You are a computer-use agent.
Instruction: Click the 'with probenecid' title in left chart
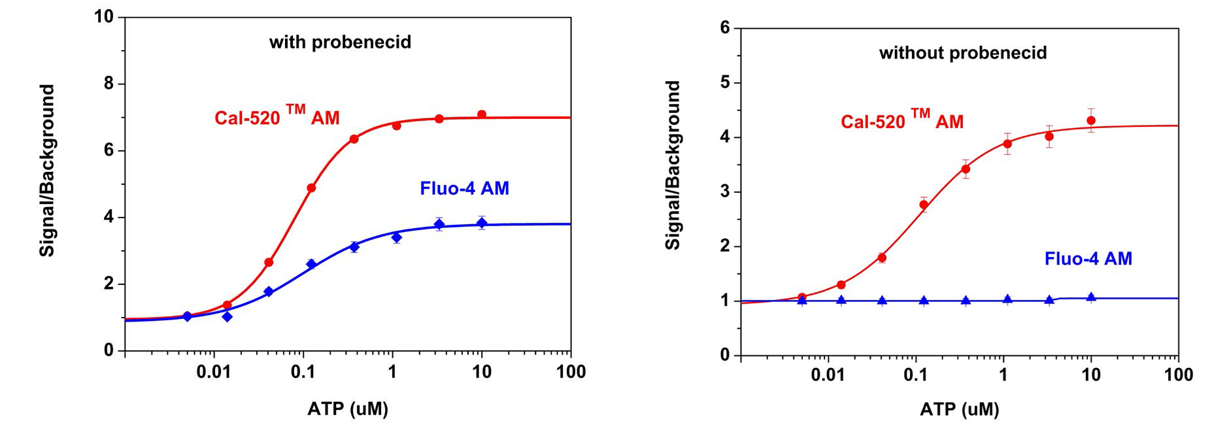(x=340, y=42)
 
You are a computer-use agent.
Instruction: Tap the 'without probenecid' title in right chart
(x=962, y=53)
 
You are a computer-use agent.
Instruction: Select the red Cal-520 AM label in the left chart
(x=277, y=116)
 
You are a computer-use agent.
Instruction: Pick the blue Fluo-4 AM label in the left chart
(x=464, y=189)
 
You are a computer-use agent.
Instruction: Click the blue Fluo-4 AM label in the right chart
(x=1088, y=259)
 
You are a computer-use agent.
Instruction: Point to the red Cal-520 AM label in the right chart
(x=902, y=120)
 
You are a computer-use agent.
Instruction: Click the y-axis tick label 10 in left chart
(x=104, y=16)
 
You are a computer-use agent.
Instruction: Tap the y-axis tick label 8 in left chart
(x=109, y=84)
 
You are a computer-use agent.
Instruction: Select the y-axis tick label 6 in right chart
(x=724, y=28)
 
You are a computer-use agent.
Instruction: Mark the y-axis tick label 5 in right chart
(x=724, y=83)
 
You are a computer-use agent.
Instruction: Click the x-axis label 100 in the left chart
(x=570, y=373)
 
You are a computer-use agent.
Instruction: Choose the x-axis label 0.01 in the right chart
(x=828, y=375)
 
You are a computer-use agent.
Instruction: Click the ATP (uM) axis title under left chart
(x=348, y=409)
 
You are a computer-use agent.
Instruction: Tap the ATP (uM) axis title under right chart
(x=960, y=410)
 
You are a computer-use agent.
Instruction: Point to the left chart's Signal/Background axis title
(x=47, y=171)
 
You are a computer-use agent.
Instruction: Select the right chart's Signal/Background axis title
(x=673, y=165)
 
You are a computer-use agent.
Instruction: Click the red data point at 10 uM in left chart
(x=482, y=114)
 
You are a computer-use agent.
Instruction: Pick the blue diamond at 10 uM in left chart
(x=482, y=223)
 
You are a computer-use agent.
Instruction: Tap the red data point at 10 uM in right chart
(x=1090, y=120)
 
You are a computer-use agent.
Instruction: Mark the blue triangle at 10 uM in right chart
(x=1090, y=297)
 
